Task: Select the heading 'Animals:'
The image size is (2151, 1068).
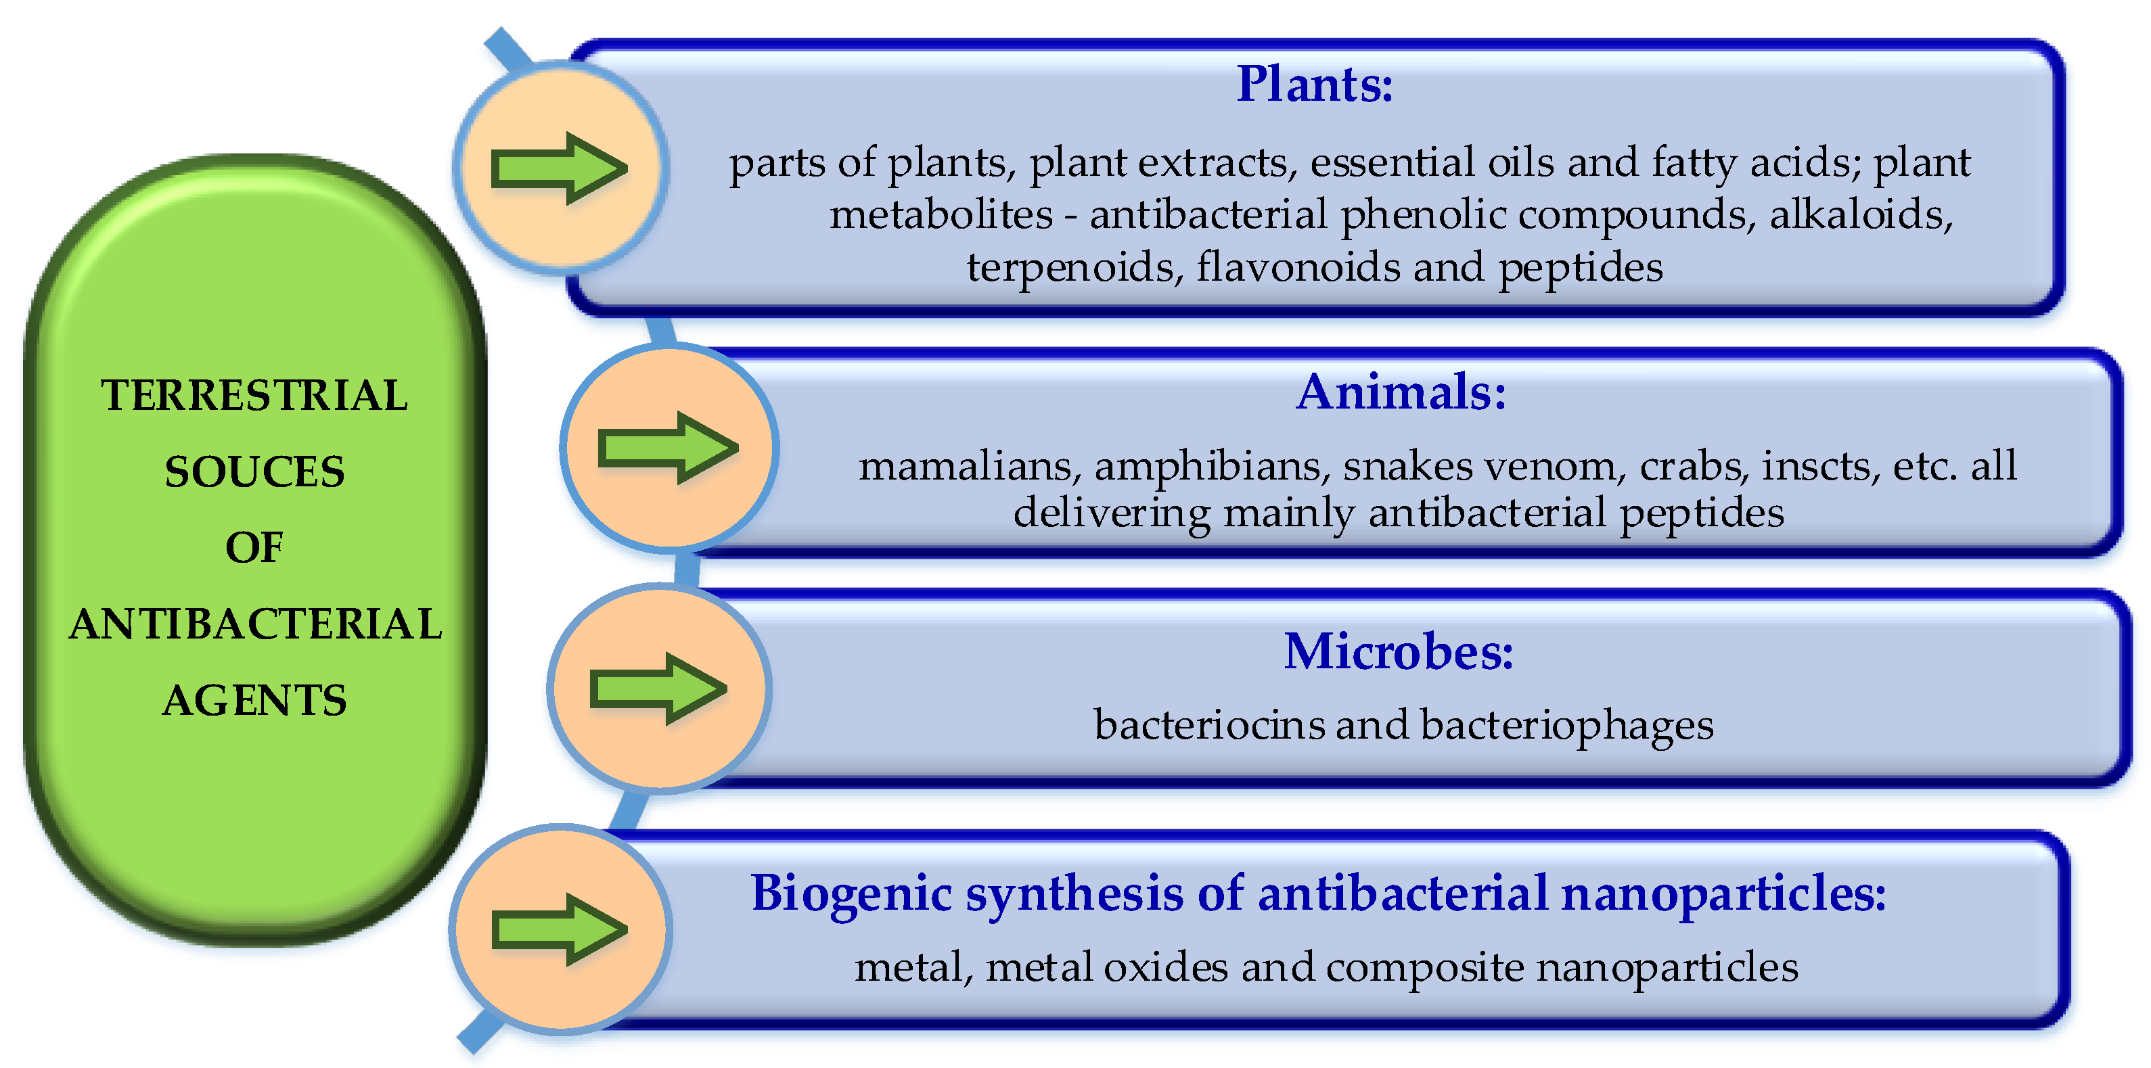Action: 1401,392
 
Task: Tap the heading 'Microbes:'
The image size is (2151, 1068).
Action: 1398,651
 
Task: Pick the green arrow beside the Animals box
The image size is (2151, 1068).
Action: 668,448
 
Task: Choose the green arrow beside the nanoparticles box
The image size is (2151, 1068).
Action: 560,929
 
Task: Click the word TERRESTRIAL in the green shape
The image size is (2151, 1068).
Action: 254,395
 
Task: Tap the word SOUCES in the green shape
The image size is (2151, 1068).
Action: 254,472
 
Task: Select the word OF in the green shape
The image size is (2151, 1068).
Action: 254,548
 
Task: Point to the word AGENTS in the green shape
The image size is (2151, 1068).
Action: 254,700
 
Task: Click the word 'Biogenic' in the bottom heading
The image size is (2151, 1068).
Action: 851,894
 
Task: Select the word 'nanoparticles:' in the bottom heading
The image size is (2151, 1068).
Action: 1723,894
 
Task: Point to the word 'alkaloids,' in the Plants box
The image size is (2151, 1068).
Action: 1861,214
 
